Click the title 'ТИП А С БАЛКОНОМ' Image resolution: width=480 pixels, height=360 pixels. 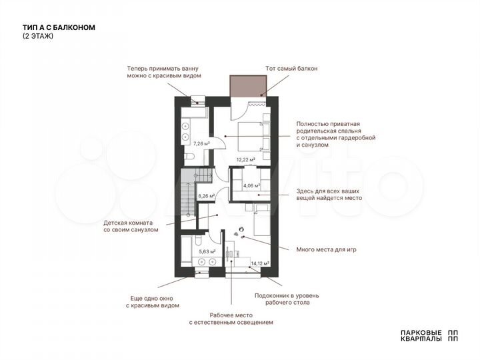tap(59, 27)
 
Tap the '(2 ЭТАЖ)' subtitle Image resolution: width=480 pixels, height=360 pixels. tap(37, 36)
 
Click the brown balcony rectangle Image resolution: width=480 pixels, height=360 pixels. tap(248, 86)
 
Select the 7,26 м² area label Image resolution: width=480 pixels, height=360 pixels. tap(201, 143)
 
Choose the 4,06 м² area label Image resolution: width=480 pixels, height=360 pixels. tap(251, 186)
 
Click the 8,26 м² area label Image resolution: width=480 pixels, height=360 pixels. tap(207, 196)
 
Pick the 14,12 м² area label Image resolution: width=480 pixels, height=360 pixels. tap(259, 264)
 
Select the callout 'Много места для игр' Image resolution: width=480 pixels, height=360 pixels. tap(327, 249)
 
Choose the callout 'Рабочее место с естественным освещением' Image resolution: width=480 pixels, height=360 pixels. tap(231, 319)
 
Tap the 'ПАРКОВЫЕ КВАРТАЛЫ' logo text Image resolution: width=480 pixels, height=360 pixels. tap(419, 335)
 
